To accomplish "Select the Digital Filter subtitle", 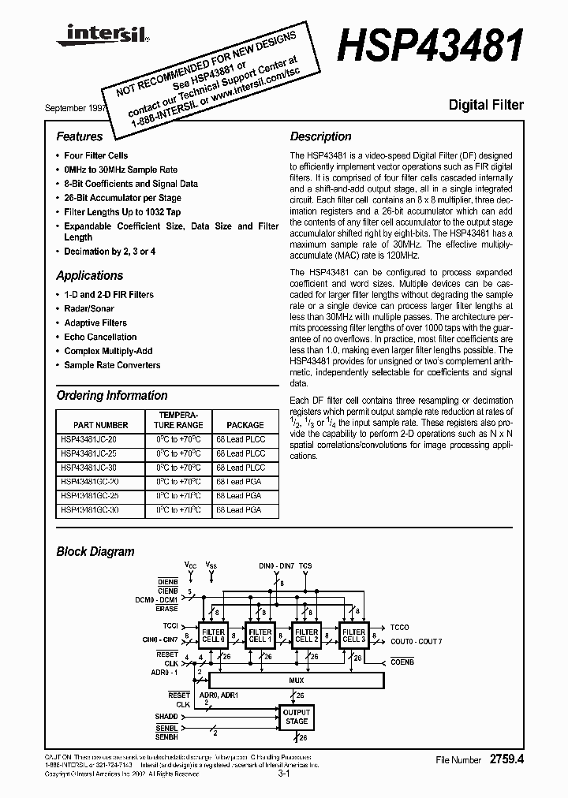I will pyautogui.click(x=486, y=104).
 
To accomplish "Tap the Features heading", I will pyautogui.click(x=80, y=136).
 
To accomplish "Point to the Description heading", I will pyautogui.click(x=321, y=136).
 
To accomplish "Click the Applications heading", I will pyautogui.click(x=90, y=275).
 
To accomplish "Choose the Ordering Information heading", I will pyautogui.click(x=112, y=395).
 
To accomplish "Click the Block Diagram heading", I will pyautogui.click(x=95, y=552).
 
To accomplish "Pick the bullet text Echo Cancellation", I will pyautogui.click(x=100, y=337).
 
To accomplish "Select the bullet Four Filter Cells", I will pyautogui.click(x=95, y=155).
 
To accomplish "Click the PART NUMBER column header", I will pyautogui.click(x=100, y=424).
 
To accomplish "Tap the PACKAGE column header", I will pyautogui.click(x=245, y=424).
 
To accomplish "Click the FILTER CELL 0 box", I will pyautogui.click(x=214, y=636).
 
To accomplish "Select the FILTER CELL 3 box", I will pyautogui.click(x=353, y=636).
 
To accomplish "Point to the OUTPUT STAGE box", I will pyautogui.click(x=297, y=717).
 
